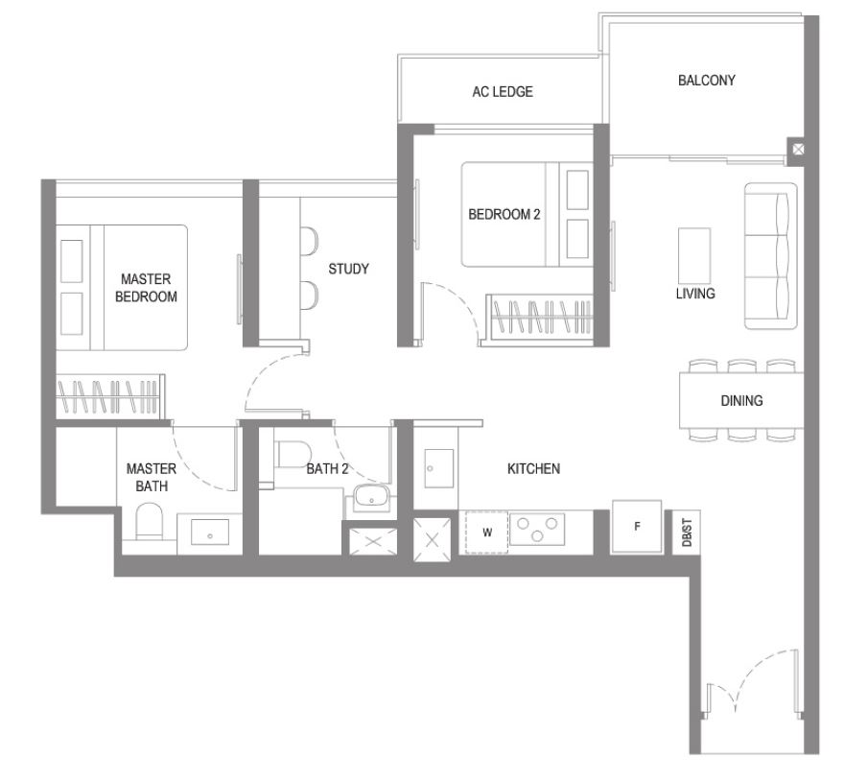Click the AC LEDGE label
(x=503, y=91)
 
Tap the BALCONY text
(x=706, y=81)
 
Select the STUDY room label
(x=348, y=269)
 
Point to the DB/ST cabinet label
(x=687, y=533)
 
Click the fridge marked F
(x=637, y=526)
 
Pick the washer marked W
(x=486, y=533)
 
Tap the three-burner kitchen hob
(x=537, y=530)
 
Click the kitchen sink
(x=438, y=468)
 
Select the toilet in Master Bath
(x=149, y=521)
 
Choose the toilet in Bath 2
(x=293, y=455)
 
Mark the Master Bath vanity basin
(x=210, y=533)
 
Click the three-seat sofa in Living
(x=770, y=256)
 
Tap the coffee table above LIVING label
(x=693, y=256)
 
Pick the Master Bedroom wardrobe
(x=109, y=396)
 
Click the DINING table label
(x=741, y=401)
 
